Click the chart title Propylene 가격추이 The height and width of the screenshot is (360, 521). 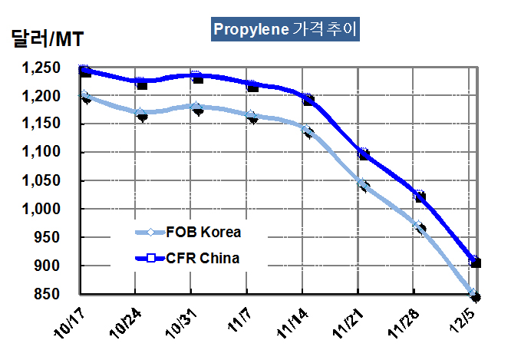285,29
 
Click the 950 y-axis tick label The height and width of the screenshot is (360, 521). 54,237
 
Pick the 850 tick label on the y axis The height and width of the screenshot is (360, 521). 54,294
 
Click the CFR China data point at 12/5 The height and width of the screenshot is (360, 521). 476,263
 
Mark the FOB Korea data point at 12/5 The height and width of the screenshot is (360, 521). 476,296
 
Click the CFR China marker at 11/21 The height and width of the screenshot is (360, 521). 364,155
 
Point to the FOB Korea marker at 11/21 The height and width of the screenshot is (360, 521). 364,187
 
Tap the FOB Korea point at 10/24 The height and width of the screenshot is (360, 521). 141,115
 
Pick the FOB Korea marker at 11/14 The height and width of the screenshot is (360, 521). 308,132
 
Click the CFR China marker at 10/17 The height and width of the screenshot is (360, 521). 85,71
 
